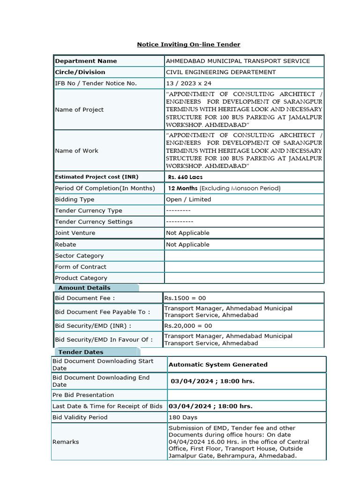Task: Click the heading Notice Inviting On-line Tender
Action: click(x=188, y=45)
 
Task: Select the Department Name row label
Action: click(x=86, y=61)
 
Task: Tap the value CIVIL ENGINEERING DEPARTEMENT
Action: click(x=221, y=72)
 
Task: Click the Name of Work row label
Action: click(x=76, y=150)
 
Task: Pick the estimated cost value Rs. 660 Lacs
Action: click(x=186, y=177)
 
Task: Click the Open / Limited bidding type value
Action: click(x=188, y=200)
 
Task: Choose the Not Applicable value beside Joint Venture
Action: click(x=187, y=233)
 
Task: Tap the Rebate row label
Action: click(x=65, y=245)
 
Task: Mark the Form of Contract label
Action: click(x=81, y=267)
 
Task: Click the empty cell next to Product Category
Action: click(x=244, y=278)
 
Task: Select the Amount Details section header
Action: click(x=84, y=288)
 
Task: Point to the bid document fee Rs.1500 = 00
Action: click(x=185, y=298)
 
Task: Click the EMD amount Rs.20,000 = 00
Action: click(x=187, y=326)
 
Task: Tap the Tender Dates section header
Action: click(x=81, y=352)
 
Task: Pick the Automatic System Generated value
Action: click(x=218, y=365)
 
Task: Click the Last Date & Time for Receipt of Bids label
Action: click(x=107, y=406)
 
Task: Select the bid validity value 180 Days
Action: click(x=183, y=417)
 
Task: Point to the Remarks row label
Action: click(x=66, y=442)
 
